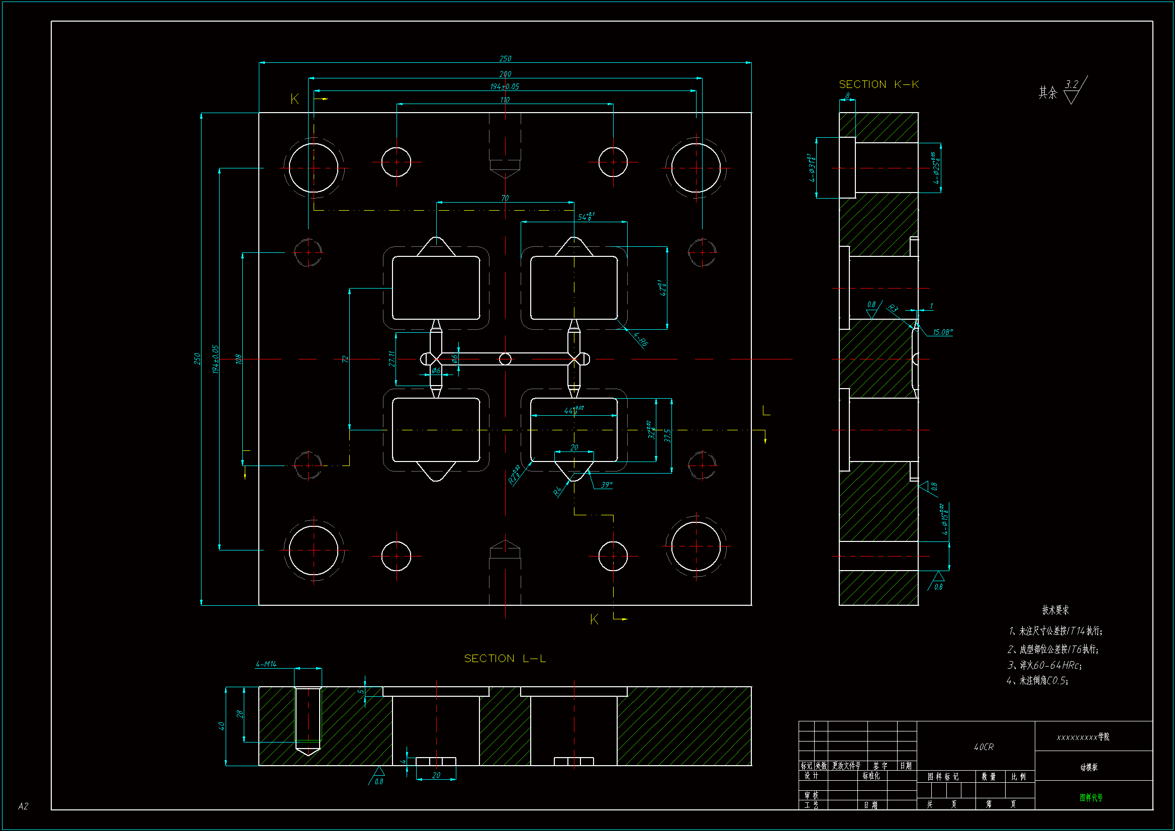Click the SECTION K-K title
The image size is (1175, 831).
coord(878,84)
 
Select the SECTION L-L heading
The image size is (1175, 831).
coord(505,659)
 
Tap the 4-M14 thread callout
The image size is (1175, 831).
coord(266,664)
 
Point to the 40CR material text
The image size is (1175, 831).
coord(984,747)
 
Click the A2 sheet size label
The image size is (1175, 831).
coord(23,806)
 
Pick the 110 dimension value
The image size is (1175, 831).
coord(505,100)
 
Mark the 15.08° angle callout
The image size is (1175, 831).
coord(942,332)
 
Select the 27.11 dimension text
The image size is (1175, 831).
coord(392,358)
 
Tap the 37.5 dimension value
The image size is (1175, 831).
coord(667,435)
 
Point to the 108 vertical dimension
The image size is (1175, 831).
coord(239,359)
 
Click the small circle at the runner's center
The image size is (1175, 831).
coord(505,359)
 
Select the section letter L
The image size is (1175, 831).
coord(766,411)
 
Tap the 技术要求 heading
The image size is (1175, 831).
coord(1055,610)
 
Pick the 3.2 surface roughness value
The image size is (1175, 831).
coord(1071,84)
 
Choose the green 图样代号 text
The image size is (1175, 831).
coord(1091,797)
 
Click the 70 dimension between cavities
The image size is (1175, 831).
coord(505,198)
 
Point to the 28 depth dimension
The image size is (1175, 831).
coord(240,714)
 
